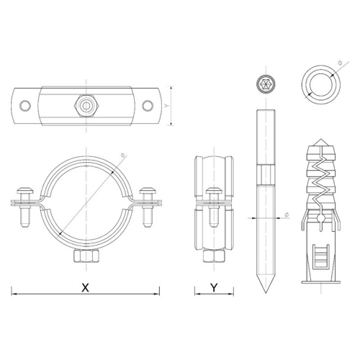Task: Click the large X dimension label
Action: tap(85, 287)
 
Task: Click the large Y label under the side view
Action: tap(214, 287)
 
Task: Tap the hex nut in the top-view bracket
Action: tap(86, 106)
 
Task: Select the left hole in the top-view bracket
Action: tap(25, 106)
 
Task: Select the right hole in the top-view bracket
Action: tap(148, 106)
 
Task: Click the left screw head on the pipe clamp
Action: tap(25, 191)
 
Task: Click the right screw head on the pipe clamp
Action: tap(148, 191)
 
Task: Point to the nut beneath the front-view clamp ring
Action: tap(86, 256)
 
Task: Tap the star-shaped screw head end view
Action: tap(266, 84)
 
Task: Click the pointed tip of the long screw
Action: tap(266, 292)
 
